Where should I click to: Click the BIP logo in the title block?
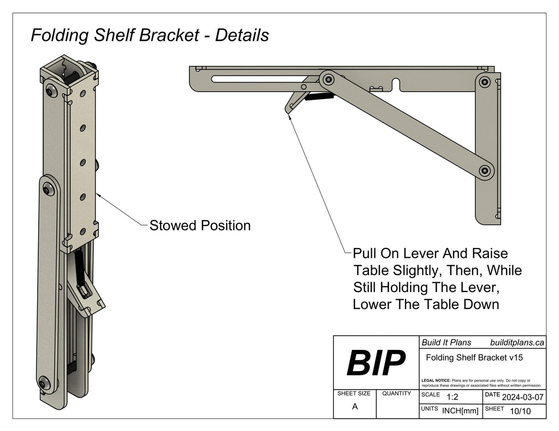(376, 363)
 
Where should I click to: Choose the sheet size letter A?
(354, 406)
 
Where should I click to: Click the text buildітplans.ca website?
(517, 342)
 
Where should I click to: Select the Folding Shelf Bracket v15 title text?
(474, 357)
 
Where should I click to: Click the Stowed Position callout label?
(200, 225)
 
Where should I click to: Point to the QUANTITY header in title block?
(396, 393)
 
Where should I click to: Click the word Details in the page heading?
(242, 35)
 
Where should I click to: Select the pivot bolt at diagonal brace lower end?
(484, 171)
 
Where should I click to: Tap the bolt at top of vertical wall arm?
(484, 82)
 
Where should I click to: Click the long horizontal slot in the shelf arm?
(257, 78)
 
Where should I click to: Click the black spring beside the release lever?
(319, 98)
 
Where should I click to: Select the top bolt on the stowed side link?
(50, 188)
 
